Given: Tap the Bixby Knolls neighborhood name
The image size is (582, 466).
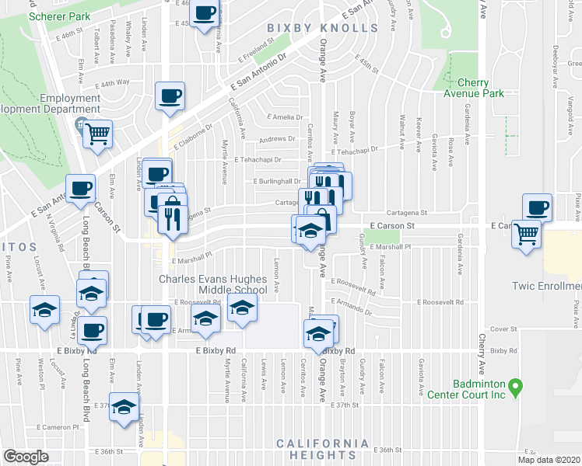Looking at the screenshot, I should coord(322,29).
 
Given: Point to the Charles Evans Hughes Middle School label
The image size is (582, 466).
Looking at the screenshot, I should coord(213,284).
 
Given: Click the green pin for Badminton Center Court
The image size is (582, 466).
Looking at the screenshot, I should coord(514,386).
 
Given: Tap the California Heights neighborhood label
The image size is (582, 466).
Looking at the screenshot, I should coord(323,449).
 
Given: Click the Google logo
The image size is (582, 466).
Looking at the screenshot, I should coord(25,457).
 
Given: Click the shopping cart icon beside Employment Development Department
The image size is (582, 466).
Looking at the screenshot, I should coord(97,133).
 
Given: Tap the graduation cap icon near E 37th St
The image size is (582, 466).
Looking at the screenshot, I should coord(124,406).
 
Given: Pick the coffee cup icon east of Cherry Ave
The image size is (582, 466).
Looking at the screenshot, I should coord(537,207).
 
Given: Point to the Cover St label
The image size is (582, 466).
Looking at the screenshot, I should coord(504,329).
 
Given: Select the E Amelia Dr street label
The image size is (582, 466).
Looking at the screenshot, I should coord(284,116).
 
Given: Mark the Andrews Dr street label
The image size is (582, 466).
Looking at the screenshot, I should coord(278,140).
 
